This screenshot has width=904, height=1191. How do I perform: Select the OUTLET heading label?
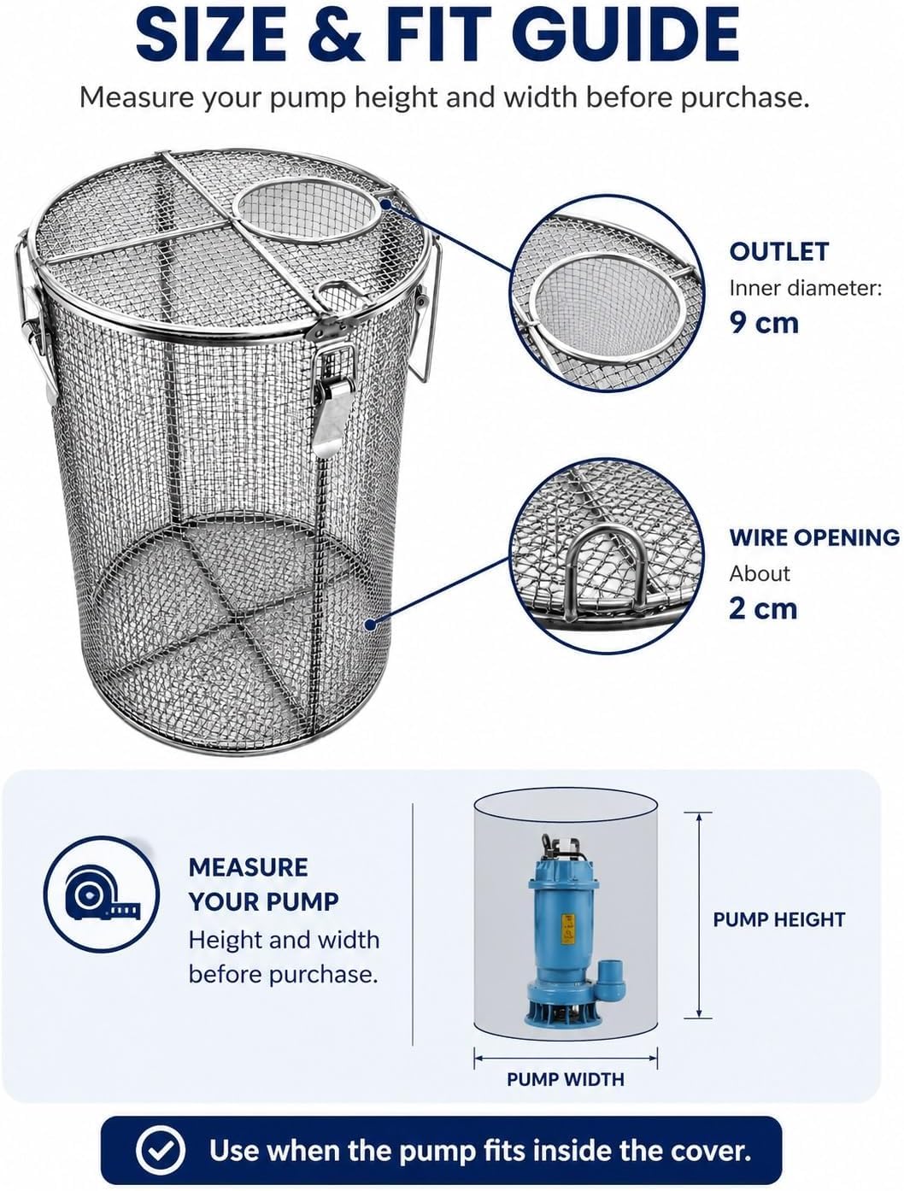pyautogui.click(x=778, y=251)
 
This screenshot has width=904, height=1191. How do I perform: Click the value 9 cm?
pyautogui.click(x=764, y=323)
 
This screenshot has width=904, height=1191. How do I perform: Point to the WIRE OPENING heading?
pyautogui.click(x=814, y=537)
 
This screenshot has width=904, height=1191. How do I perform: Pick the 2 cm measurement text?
pyautogui.click(x=763, y=608)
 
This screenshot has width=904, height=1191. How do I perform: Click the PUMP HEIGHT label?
pyautogui.click(x=778, y=919)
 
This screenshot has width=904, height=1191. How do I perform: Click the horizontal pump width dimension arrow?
pyautogui.click(x=566, y=1058)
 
